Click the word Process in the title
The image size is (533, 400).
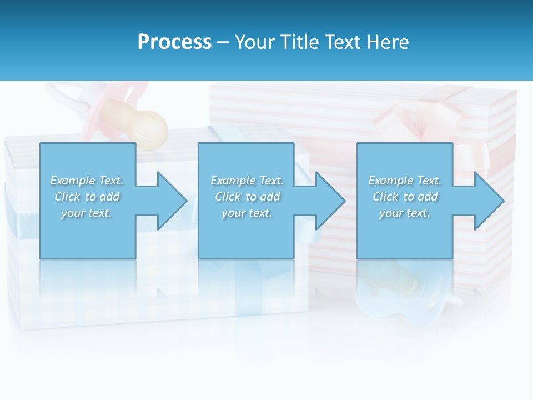(174, 42)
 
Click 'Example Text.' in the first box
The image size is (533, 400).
(87, 181)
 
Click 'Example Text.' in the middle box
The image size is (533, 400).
(247, 181)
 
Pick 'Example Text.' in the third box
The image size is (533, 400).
(405, 181)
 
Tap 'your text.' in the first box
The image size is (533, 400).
(87, 213)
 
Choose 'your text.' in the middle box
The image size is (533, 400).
(247, 213)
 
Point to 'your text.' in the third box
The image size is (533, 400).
(405, 213)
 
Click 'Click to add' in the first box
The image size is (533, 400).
(87, 197)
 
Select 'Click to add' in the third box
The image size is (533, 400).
(405, 197)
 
